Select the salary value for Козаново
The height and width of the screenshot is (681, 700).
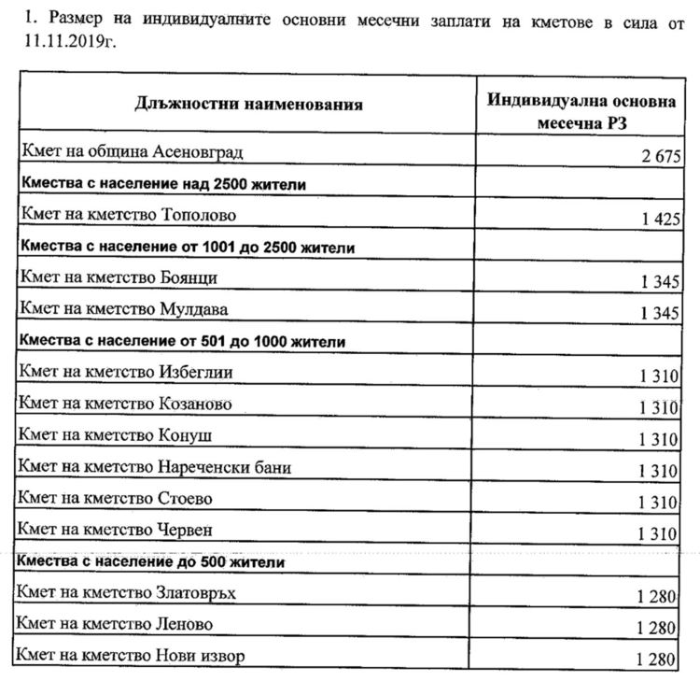pos(659,407)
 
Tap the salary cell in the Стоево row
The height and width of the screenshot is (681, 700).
pos(659,503)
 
